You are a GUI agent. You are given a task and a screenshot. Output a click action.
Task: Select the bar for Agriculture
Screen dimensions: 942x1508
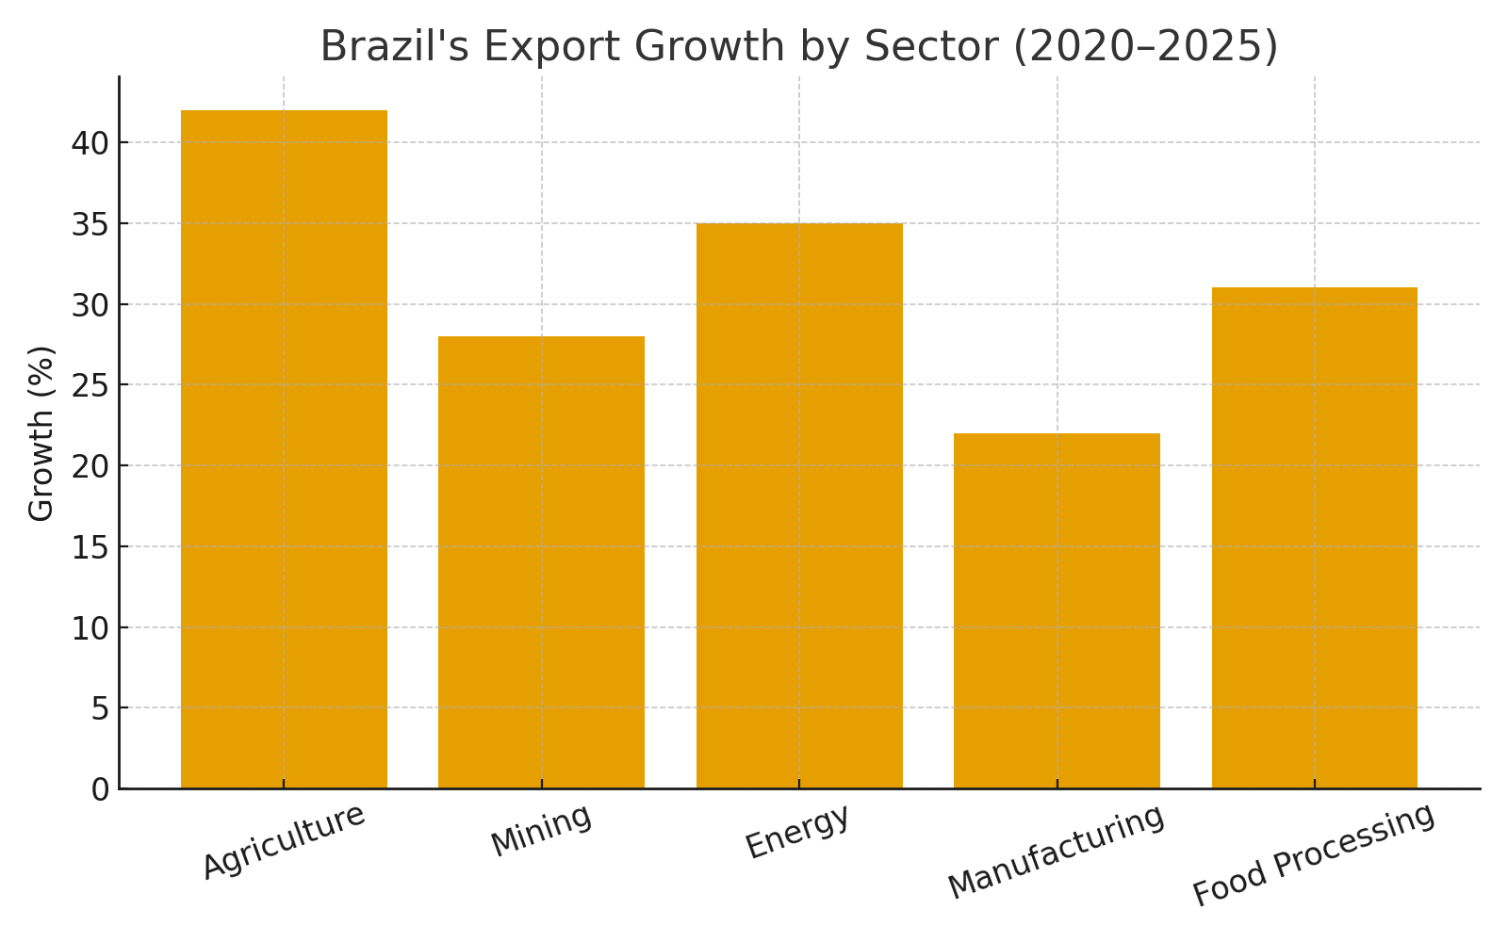point(284,449)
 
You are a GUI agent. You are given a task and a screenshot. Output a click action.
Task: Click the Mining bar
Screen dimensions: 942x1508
point(541,562)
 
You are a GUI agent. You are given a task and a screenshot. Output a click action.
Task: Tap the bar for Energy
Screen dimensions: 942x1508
point(799,506)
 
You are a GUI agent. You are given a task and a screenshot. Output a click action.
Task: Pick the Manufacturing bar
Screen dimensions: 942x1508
point(1057,610)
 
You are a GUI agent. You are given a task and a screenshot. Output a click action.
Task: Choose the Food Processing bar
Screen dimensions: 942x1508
point(1314,538)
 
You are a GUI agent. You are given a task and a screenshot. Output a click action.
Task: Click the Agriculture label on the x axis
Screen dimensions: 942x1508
point(284,840)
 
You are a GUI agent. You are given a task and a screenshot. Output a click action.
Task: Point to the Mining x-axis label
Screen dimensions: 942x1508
point(541,830)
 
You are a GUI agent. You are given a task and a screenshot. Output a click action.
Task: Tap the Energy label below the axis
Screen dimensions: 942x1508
point(797,831)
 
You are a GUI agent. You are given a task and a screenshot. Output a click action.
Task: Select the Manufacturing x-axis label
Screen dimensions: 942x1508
point(1057,852)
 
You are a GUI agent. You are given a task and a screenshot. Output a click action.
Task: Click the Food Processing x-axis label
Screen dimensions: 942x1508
point(1314,854)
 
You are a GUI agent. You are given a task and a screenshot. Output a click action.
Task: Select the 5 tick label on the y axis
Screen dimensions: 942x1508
point(100,708)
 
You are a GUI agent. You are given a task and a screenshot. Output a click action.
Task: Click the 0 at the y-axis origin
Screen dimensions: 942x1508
point(100,789)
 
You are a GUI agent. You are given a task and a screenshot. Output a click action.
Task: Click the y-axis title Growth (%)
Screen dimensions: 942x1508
point(41,433)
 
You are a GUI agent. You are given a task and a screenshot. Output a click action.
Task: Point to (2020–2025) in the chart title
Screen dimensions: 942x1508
point(1145,47)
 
